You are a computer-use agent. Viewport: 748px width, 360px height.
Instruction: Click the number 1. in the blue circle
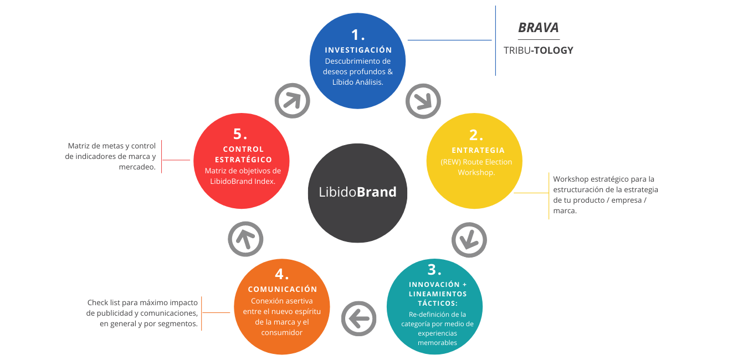(358, 35)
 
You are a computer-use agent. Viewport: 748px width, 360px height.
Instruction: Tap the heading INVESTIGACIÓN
(358, 50)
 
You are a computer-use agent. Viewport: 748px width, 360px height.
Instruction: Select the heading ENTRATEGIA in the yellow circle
(478, 150)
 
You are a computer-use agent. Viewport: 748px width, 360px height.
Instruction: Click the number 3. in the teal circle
(434, 270)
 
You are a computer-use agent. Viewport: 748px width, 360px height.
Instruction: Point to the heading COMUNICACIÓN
(282, 289)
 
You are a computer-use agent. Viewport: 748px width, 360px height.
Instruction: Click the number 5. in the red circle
(240, 134)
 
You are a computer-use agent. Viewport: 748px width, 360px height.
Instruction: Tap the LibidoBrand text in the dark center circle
(357, 192)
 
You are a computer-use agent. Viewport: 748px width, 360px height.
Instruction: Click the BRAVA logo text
(538, 28)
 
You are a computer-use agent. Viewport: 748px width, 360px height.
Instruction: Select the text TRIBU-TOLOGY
(538, 50)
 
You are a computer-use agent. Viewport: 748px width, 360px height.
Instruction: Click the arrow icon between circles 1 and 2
(423, 101)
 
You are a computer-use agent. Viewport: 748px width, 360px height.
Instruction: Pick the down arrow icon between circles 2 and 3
(469, 240)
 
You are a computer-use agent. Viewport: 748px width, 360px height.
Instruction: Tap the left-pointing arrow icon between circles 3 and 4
(358, 318)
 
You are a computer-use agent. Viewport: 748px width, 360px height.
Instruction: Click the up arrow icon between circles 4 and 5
(245, 239)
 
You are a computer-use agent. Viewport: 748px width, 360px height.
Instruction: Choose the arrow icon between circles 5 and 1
(292, 101)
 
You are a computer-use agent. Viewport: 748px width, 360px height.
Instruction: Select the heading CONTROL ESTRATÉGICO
(243, 154)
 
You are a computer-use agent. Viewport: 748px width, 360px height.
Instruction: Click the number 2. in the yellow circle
(476, 135)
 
